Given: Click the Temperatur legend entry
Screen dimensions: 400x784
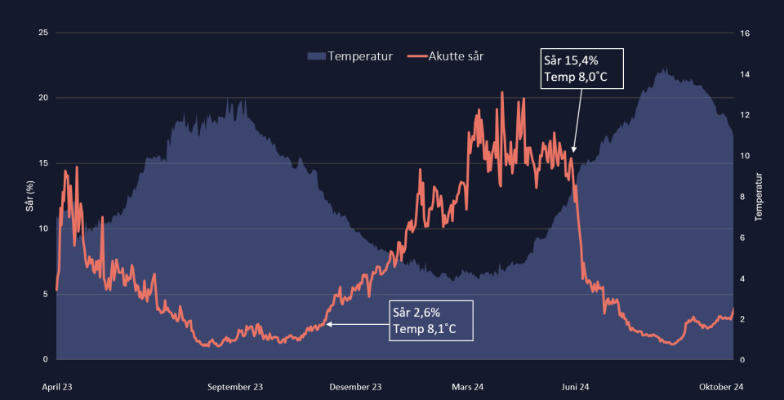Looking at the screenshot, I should point(351,56).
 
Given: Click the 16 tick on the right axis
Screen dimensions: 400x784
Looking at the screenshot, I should point(744,33).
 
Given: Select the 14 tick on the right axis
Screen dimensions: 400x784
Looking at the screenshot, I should point(744,74).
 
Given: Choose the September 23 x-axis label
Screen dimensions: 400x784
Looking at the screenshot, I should point(235,387).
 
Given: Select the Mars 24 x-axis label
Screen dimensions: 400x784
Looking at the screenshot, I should point(468,387).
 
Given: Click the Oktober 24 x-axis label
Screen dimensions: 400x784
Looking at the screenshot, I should point(721,387).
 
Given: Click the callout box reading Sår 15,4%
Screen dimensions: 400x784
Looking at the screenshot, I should point(582,69).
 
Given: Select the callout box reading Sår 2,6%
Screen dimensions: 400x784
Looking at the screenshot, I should point(431,321).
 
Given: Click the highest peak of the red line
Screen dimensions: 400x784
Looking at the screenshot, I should point(502,92).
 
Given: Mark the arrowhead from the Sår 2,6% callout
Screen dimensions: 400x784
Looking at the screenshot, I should point(328,324).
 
